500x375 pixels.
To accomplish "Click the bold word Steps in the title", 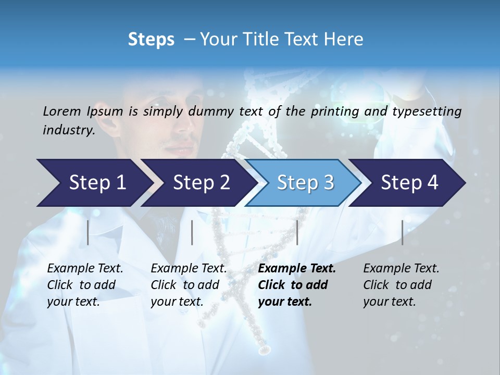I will click(x=151, y=39).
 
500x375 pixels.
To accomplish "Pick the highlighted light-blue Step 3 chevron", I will click(x=305, y=182).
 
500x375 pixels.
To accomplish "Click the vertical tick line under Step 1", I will click(x=88, y=232).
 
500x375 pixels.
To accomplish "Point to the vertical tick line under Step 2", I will click(x=192, y=232).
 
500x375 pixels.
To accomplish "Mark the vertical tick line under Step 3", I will click(x=297, y=232).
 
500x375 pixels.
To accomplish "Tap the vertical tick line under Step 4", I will click(x=402, y=232).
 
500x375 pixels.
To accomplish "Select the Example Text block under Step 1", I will click(x=85, y=285).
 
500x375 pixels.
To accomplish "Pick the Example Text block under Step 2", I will click(x=189, y=285).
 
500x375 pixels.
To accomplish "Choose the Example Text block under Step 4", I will click(x=401, y=285).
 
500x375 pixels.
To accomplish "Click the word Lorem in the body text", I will click(x=63, y=111).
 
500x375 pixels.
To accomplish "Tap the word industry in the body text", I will click(x=68, y=130).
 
